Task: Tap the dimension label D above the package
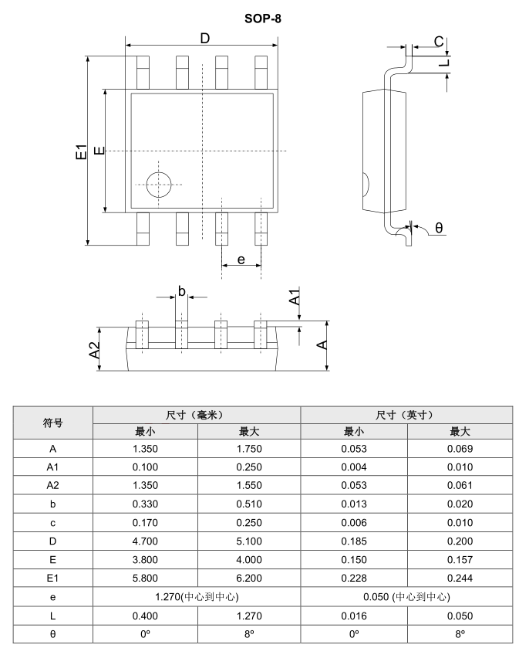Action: pyautogui.click(x=204, y=39)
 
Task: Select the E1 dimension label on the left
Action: pyautogui.click(x=81, y=151)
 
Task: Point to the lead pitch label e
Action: pyautogui.click(x=241, y=260)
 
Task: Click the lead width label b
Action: pyautogui.click(x=182, y=290)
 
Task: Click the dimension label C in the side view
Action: pyautogui.click(x=437, y=41)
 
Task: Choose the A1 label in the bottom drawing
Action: pyautogui.click(x=294, y=297)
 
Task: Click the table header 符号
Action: pyautogui.click(x=52, y=423)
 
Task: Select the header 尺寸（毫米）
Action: pyautogui.click(x=196, y=415)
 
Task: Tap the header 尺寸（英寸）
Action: pyautogui.click(x=406, y=415)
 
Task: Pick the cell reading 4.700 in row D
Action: pyautogui.click(x=145, y=541)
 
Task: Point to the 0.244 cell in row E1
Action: pyautogui.click(x=460, y=578)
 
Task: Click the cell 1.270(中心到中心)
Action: pyautogui.click(x=196, y=596)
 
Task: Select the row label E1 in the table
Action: pyautogui.click(x=52, y=578)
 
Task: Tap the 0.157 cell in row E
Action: pyautogui.click(x=460, y=559)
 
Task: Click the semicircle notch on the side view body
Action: pyautogui.click(x=366, y=185)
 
